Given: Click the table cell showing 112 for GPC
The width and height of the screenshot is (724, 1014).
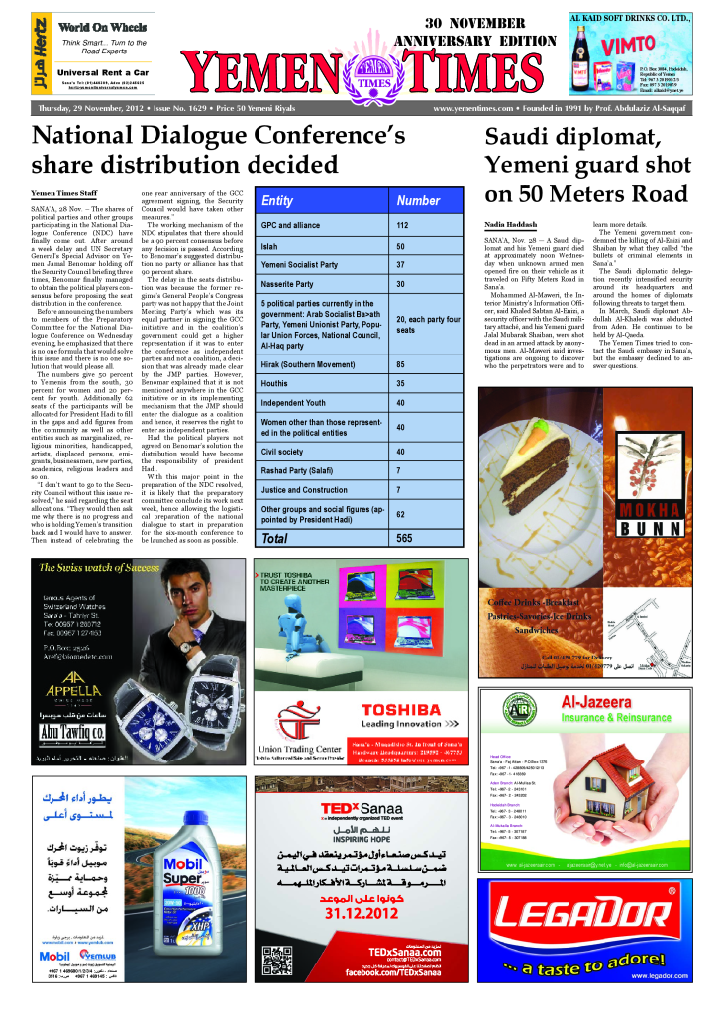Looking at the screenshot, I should pos(402,225).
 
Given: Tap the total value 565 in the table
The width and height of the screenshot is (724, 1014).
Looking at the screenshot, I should pos(404,538).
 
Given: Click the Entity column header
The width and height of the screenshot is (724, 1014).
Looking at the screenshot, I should pos(277,200).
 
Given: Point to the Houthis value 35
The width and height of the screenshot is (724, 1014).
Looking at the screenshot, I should pos(401,382).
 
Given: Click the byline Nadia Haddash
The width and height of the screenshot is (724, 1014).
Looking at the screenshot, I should pos(511,225).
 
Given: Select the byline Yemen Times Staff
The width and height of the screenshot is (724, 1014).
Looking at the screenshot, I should pos(64,193).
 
